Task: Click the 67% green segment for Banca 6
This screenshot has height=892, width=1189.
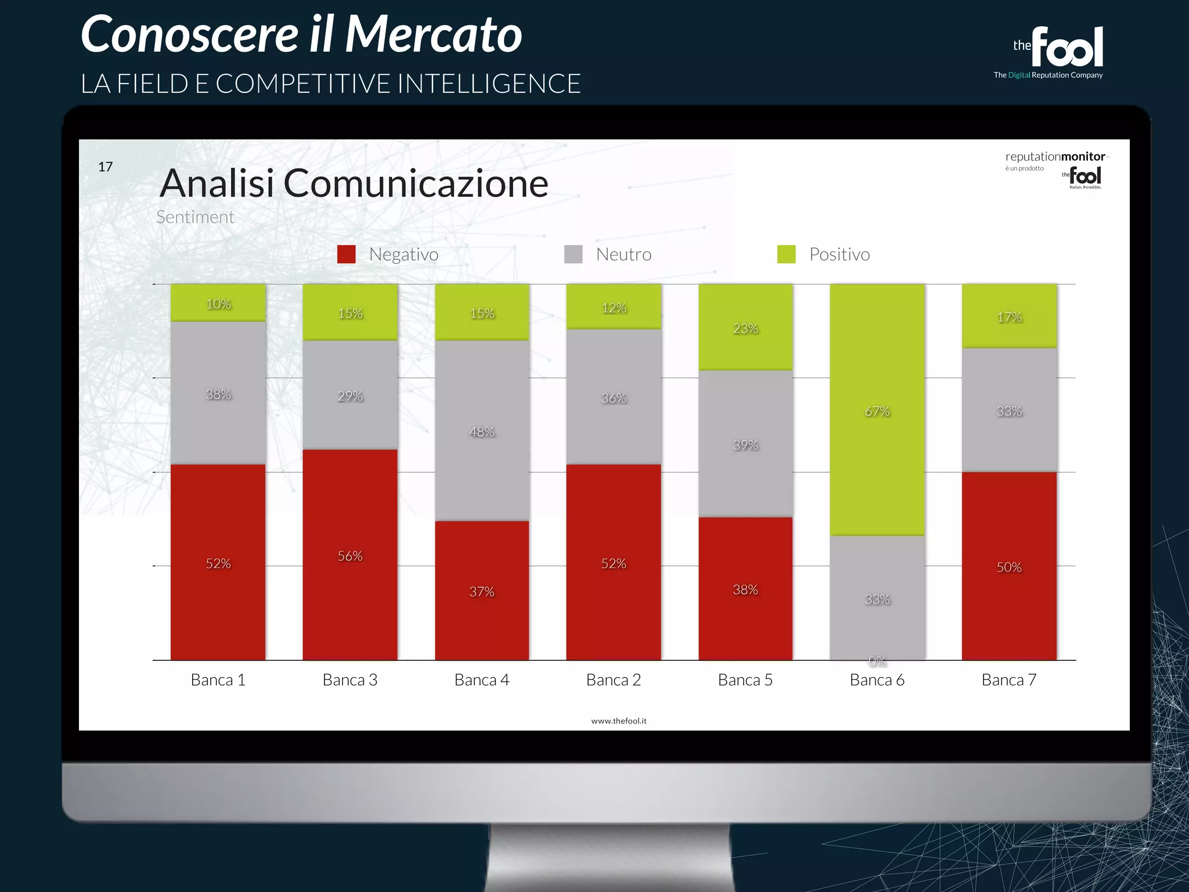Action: [x=877, y=410]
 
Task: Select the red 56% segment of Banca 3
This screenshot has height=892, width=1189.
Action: [x=350, y=555]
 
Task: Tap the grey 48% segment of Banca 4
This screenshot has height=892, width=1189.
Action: [x=482, y=430]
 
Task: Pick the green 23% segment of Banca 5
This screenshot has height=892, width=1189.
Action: [x=745, y=327]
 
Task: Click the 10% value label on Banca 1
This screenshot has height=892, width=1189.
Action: [x=218, y=304]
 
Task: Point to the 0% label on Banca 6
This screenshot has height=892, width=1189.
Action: [x=877, y=661]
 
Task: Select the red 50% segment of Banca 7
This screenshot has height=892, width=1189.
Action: [x=1009, y=566]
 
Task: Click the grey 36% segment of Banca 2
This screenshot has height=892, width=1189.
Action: [x=614, y=397]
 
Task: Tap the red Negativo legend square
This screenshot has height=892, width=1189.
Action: [x=346, y=254]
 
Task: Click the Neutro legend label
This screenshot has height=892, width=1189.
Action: [x=624, y=254]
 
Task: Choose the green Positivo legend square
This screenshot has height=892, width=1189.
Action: [x=786, y=254]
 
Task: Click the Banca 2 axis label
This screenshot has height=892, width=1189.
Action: [x=614, y=679]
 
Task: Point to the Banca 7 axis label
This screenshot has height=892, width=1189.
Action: [x=1009, y=679]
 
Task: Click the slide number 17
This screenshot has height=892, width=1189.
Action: [x=105, y=167]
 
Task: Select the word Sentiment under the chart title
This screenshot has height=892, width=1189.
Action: [x=195, y=217]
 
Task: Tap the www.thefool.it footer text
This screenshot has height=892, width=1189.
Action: [x=618, y=721]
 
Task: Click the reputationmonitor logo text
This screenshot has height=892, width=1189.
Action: [x=1055, y=156]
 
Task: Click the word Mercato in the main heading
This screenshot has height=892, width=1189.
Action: [x=433, y=35]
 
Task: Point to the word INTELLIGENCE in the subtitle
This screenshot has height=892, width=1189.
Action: [x=489, y=84]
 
